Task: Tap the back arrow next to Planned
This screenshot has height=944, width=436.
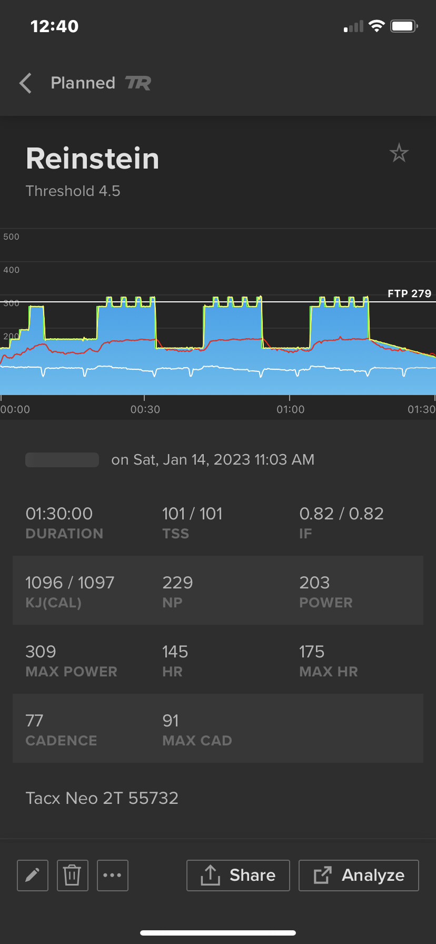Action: click(25, 83)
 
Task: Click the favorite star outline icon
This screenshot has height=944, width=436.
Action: click(399, 153)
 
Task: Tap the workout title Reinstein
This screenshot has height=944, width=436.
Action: click(93, 159)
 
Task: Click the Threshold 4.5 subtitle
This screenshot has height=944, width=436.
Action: click(73, 191)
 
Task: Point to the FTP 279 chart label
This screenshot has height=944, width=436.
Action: click(409, 293)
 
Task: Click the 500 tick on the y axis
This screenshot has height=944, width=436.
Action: click(11, 237)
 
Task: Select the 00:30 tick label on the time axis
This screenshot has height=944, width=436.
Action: click(145, 409)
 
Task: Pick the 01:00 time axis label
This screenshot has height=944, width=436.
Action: click(291, 409)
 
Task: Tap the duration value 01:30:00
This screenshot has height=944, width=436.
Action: click(59, 514)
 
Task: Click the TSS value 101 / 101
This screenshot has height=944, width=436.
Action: click(192, 514)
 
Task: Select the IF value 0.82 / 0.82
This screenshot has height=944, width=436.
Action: click(341, 514)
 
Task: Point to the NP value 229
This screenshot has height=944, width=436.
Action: click(177, 583)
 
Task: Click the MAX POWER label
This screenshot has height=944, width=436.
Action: click(72, 672)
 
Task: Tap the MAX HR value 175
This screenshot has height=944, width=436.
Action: click(312, 652)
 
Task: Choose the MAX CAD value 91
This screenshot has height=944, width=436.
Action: click(171, 721)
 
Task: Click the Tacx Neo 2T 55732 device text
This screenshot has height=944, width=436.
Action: click(102, 798)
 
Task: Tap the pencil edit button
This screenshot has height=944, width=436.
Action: click(33, 876)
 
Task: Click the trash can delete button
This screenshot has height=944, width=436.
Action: click(72, 876)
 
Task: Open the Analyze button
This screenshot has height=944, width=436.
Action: click(359, 876)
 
